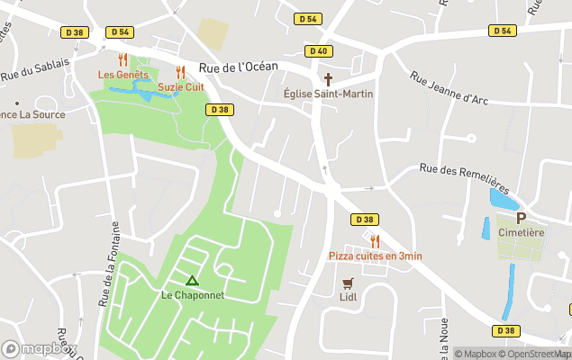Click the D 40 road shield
[317, 51]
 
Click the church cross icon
[328, 79]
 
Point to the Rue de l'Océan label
[238, 67]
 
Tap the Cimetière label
[521, 232]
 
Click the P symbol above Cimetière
[521, 218]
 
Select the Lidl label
[349, 297]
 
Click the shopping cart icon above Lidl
[349, 283]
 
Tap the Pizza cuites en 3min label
[375, 256]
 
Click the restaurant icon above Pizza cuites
[375, 241]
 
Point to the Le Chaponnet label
[192, 294]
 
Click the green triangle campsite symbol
[191, 281]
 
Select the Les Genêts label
[122, 75]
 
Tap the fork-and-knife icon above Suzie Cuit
[180, 72]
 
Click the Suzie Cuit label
[181, 86]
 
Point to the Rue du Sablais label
[34, 73]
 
